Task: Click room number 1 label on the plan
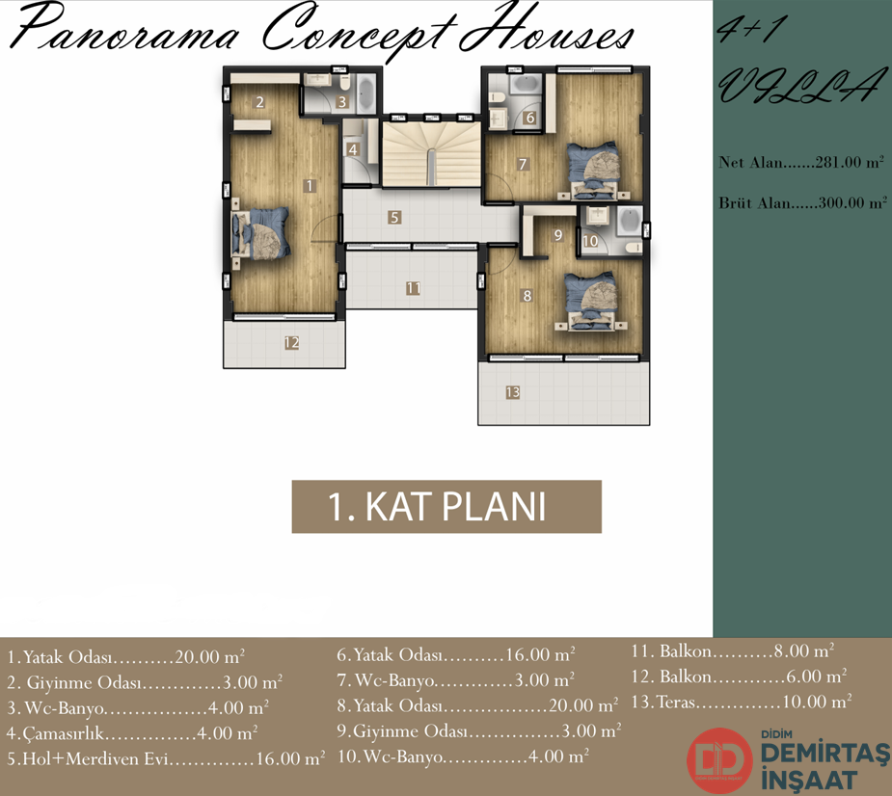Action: click(x=310, y=185)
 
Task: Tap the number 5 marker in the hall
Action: click(x=394, y=217)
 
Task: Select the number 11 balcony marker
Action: click(x=413, y=288)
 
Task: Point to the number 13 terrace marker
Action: click(x=513, y=392)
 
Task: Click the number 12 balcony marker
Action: click(x=291, y=342)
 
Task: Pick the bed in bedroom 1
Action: click(x=260, y=233)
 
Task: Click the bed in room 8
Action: click(x=591, y=302)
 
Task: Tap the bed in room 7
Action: click(x=593, y=171)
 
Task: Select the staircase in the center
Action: click(x=431, y=153)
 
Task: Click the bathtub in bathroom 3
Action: click(x=365, y=93)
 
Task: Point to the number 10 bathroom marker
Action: click(x=590, y=241)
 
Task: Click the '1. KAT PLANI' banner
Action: click(x=446, y=507)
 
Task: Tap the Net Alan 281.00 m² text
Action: click(x=801, y=162)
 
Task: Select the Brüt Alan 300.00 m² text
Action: click(x=802, y=202)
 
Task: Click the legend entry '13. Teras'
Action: click(x=742, y=702)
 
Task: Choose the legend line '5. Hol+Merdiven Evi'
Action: click(x=166, y=758)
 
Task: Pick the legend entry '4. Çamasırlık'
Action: click(x=132, y=733)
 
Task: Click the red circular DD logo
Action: click(x=720, y=760)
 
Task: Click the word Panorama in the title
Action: click(x=123, y=29)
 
